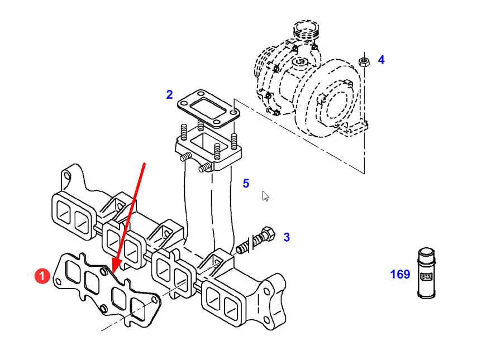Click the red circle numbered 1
[x=42, y=276]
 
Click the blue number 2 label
[x=169, y=94]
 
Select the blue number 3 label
[x=287, y=237]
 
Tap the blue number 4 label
[x=381, y=60]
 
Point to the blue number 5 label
[x=246, y=183]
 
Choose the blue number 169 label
[x=400, y=274]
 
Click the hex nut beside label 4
[x=364, y=61]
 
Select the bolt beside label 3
[x=256, y=240]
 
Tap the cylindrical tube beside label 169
[x=426, y=273]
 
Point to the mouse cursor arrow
[x=265, y=196]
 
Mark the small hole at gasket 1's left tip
[x=58, y=282]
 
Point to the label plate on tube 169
[x=426, y=276]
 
